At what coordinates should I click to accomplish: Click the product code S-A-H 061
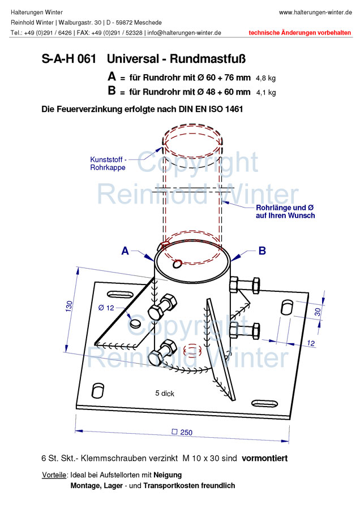[69, 59]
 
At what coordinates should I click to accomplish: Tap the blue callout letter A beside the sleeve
[125, 251]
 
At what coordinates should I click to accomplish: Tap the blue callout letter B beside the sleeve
[262, 251]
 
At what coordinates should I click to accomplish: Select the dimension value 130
[69, 307]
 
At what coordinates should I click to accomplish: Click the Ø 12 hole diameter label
[106, 308]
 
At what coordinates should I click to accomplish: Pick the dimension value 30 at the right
[318, 312]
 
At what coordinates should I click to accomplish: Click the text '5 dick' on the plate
[165, 394]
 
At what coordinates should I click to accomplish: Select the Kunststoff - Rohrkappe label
[108, 163]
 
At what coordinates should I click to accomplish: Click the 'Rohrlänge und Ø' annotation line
[285, 208]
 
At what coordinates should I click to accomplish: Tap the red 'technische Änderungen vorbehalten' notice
[300, 33]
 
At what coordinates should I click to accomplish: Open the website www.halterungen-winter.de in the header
[315, 12]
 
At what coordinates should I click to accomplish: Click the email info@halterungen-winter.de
[184, 33]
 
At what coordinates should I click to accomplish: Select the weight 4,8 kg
[266, 78]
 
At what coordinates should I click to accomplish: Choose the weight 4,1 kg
[266, 93]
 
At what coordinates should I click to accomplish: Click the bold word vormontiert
[265, 458]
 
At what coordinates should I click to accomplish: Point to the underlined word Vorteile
[54, 475]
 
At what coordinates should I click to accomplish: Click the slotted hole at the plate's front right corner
[265, 404]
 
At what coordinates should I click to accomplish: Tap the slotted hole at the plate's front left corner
[98, 390]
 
